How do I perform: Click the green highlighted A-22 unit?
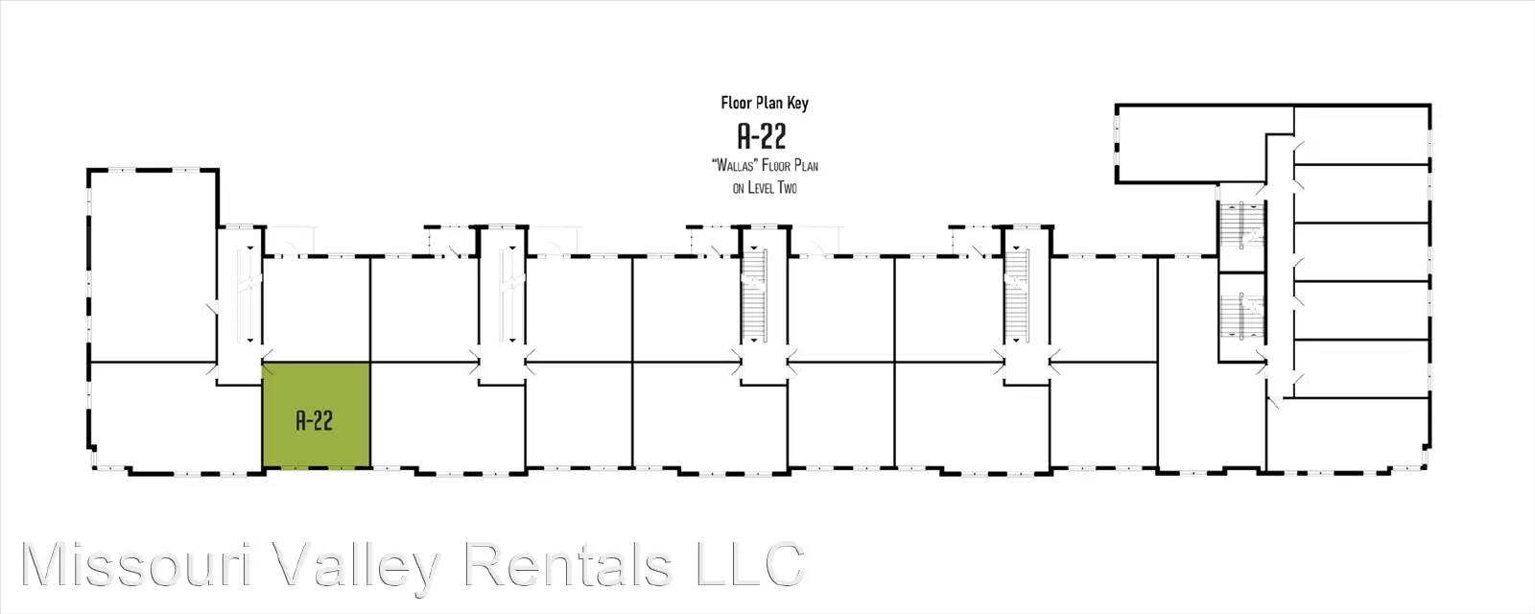(x=317, y=415)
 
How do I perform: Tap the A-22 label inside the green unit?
(x=315, y=420)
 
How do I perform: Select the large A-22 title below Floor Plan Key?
(x=762, y=135)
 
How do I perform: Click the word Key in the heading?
(x=796, y=103)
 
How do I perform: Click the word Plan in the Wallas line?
(x=806, y=166)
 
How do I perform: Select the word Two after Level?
(x=788, y=188)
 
